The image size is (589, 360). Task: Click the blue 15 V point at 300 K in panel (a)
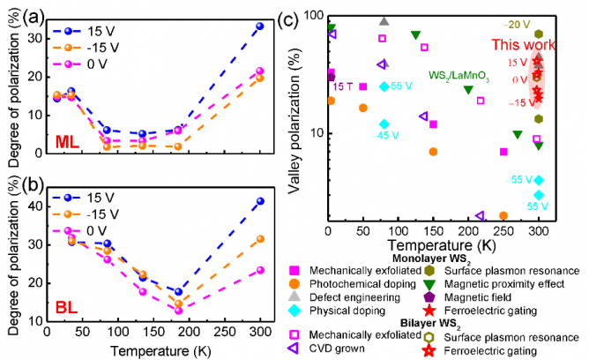[259, 26]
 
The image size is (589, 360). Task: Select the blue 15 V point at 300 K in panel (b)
[259, 201]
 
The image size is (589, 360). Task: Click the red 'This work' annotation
[524, 45]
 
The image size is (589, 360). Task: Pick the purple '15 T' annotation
[342, 86]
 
